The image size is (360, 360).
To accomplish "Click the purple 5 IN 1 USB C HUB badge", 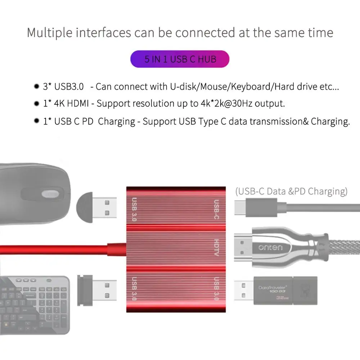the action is (x=180, y=59).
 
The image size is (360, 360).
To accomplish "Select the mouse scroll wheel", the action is (x=50, y=194).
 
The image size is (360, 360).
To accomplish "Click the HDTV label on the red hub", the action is (x=216, y=248).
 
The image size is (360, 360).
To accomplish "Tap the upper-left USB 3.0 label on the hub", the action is (x=134, y=209).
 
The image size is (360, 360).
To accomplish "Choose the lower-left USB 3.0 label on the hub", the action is (x=134, y=288).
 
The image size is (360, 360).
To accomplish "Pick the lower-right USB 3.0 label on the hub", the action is (x=217, y=288).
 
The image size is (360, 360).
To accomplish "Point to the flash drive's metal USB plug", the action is (x=244, y=291).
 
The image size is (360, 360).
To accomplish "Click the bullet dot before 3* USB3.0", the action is (x=36, y=86).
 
